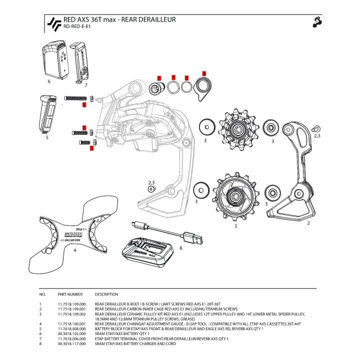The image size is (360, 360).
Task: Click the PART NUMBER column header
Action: (x=69, y=294)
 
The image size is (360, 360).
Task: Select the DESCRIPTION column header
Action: (x=106, y=294)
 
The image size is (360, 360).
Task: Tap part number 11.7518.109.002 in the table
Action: (x=72, y=313)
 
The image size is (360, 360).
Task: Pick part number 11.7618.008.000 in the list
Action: (x=72, y=328)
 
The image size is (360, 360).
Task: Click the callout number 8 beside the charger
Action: (x=180, y=247)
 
